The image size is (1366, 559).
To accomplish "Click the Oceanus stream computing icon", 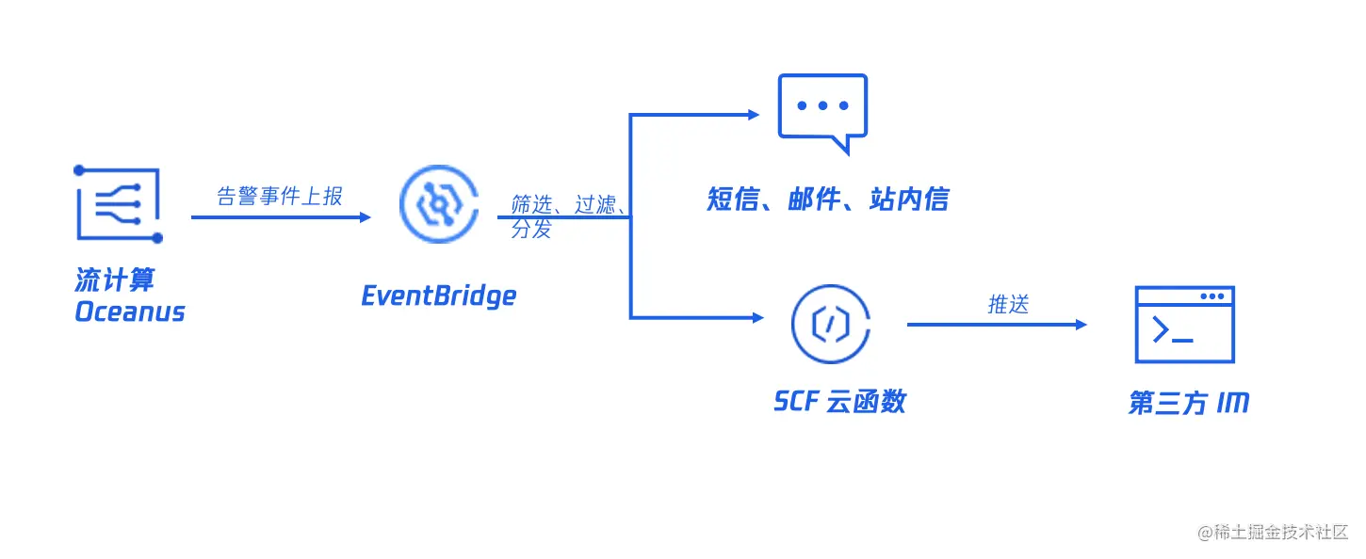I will point(119,204).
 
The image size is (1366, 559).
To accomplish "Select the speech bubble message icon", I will point(822,112).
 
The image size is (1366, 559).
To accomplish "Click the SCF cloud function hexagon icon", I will point(830,324).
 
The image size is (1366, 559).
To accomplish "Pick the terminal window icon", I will point(1184,325).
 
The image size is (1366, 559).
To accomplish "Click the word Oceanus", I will point(130,311).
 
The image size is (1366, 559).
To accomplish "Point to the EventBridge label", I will point(439,295).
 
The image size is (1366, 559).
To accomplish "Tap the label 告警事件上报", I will point(280,196).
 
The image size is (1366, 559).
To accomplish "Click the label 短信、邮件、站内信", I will point(828,200).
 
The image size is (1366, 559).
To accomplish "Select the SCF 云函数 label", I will point(839,402).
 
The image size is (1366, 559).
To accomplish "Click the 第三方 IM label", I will point(1188,404).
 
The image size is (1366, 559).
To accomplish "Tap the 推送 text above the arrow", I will point(1008,305).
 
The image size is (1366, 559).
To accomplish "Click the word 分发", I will point(531,229).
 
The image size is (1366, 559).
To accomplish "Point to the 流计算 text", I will point(115,280).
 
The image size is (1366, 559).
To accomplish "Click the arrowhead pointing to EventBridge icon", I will point(366,217).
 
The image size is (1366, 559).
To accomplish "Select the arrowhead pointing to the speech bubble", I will point(754,115).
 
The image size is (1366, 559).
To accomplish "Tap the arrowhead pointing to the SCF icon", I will point(757,318).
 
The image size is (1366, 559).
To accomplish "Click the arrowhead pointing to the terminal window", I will point(1081,325).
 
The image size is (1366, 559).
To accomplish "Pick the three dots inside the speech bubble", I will point(822,105).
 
